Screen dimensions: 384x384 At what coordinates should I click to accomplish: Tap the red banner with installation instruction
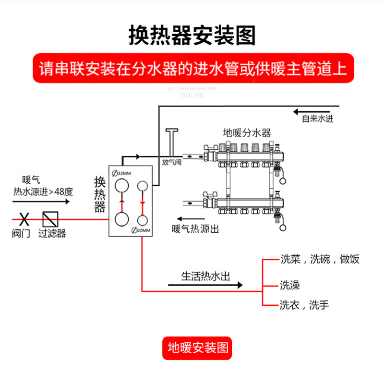(x=192, y=69)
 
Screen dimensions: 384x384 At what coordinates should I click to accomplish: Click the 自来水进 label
(x=317, y=119)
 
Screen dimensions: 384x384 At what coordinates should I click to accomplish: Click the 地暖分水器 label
(x=247, y=132)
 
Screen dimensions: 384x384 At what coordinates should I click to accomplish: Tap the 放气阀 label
(x=171, y=162)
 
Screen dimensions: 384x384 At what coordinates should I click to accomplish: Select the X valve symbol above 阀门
(x=22, y=219)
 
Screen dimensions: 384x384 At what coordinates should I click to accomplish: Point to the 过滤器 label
(x=52, y=234)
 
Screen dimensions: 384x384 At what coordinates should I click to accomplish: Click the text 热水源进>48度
(x=43, y=192)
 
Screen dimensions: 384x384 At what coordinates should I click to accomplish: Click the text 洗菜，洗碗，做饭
(x=320, y=260)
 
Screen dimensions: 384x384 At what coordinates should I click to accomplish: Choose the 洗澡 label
(x=290, y=285)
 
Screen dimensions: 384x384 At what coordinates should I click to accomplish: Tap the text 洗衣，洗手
(x=304, y=305)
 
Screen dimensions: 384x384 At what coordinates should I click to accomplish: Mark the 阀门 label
(x=21, y=234)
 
